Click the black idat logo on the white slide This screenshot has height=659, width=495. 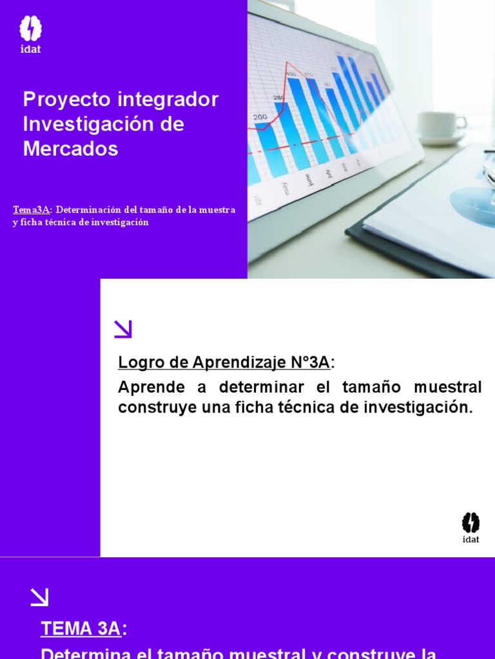point(471,527)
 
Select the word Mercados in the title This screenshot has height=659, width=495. point(70,149)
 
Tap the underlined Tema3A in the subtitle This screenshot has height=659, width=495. point(31,210)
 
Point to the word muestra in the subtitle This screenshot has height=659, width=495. point(217,210)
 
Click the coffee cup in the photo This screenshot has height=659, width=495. point(442,125)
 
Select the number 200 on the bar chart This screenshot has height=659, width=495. point(260,116)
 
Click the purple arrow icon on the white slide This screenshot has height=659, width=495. point(123,329)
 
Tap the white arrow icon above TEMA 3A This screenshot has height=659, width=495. point(39,597)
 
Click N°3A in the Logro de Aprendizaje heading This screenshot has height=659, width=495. point(310,362)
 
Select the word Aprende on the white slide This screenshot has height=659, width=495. point(151,387)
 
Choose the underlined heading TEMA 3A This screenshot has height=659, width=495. point(81,629)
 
